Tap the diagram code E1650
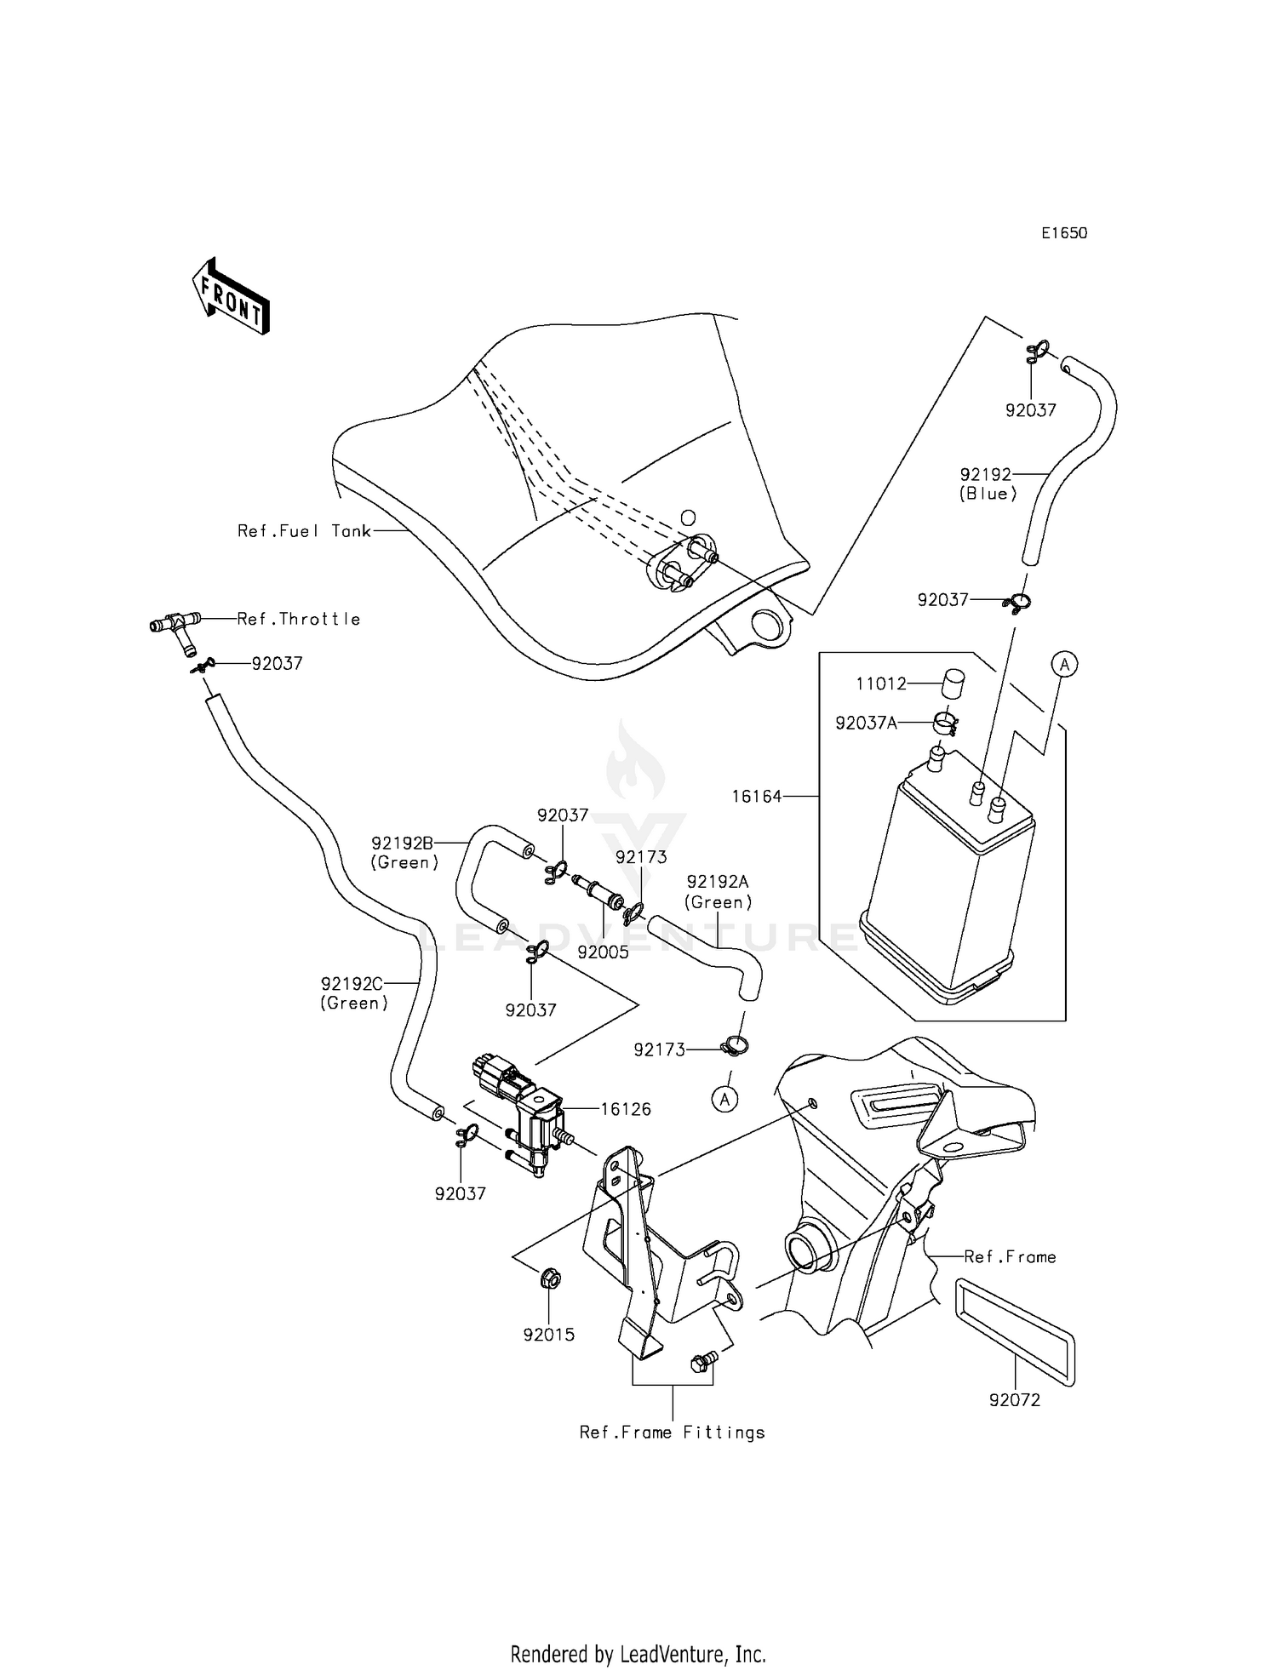tap(1064, 233)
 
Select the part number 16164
tap(756, 797)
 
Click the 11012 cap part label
tap(881, 683)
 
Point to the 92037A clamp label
tap(866, 723)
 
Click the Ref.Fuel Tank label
tap(304, 531)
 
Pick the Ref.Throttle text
tap(299, 620)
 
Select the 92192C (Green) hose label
tap(354, 993)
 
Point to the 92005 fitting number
tap(603, 952)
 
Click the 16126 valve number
tap(626, 1109)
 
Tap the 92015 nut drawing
tap(548, 1278)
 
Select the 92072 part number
tap(1015, 1399)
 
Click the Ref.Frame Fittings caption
tap(672, 1433)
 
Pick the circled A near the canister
tap(1064, 663)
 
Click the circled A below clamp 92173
tap(725, 1100)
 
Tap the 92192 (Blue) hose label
tap(988, 483)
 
